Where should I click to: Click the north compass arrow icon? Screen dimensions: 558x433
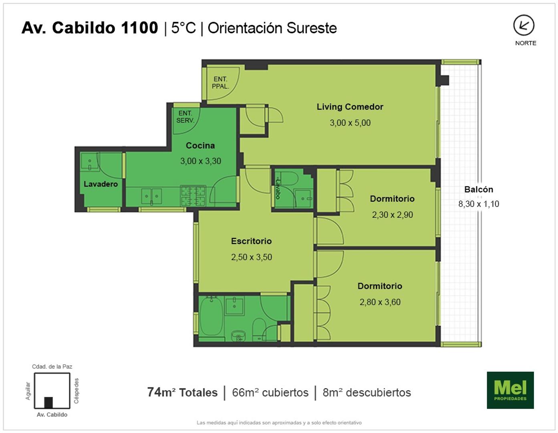524,25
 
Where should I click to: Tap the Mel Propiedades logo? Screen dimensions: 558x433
510,390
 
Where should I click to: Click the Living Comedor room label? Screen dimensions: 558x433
350,107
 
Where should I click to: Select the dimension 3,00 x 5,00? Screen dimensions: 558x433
350,123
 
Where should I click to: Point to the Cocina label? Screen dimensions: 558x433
200,146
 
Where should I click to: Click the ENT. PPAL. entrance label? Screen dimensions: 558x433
220,83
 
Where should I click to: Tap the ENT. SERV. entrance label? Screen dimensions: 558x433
185,117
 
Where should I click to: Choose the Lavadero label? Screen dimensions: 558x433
101,184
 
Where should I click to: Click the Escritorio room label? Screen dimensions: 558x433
252,241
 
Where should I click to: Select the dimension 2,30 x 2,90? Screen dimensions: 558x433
393,214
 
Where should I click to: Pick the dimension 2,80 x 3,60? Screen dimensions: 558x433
380,302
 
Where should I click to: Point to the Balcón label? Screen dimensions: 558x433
479,189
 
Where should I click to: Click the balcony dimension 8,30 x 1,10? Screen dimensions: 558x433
479,204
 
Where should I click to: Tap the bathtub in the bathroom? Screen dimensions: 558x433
212,316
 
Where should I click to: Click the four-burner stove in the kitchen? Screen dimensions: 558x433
193,196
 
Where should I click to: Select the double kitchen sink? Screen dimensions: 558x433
151,196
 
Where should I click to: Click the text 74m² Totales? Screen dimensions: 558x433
182,393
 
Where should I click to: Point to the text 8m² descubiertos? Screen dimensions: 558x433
367,393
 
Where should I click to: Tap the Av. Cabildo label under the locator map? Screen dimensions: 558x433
52,415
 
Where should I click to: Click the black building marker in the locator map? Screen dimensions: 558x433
48,403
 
